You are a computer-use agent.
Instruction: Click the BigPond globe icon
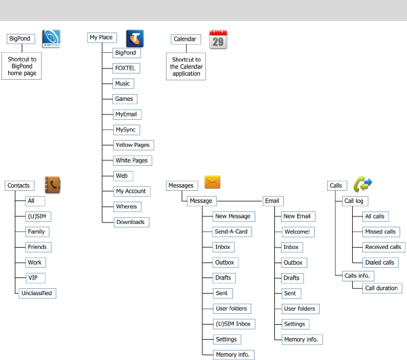[51, 39]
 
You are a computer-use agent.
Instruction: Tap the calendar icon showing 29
[218, 39]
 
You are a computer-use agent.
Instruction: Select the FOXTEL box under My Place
[125, 68]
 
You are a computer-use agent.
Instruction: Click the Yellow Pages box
[133, 145]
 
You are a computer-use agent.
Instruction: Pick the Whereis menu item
[127, 206]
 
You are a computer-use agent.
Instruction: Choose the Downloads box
[129, 222]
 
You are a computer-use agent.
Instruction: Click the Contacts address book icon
[53, 185]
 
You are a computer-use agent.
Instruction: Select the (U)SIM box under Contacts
[35, 216]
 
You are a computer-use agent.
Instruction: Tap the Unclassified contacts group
[37, 293]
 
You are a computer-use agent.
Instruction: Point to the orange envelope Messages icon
[213, 182]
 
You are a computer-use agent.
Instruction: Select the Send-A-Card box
[232, 231]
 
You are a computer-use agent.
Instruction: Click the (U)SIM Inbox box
[232, 323]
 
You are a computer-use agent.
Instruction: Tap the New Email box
[297, 216]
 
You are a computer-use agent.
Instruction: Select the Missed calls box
[380, 231]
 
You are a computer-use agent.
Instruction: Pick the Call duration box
[381, 288]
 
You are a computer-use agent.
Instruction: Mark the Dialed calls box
[380, 263]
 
